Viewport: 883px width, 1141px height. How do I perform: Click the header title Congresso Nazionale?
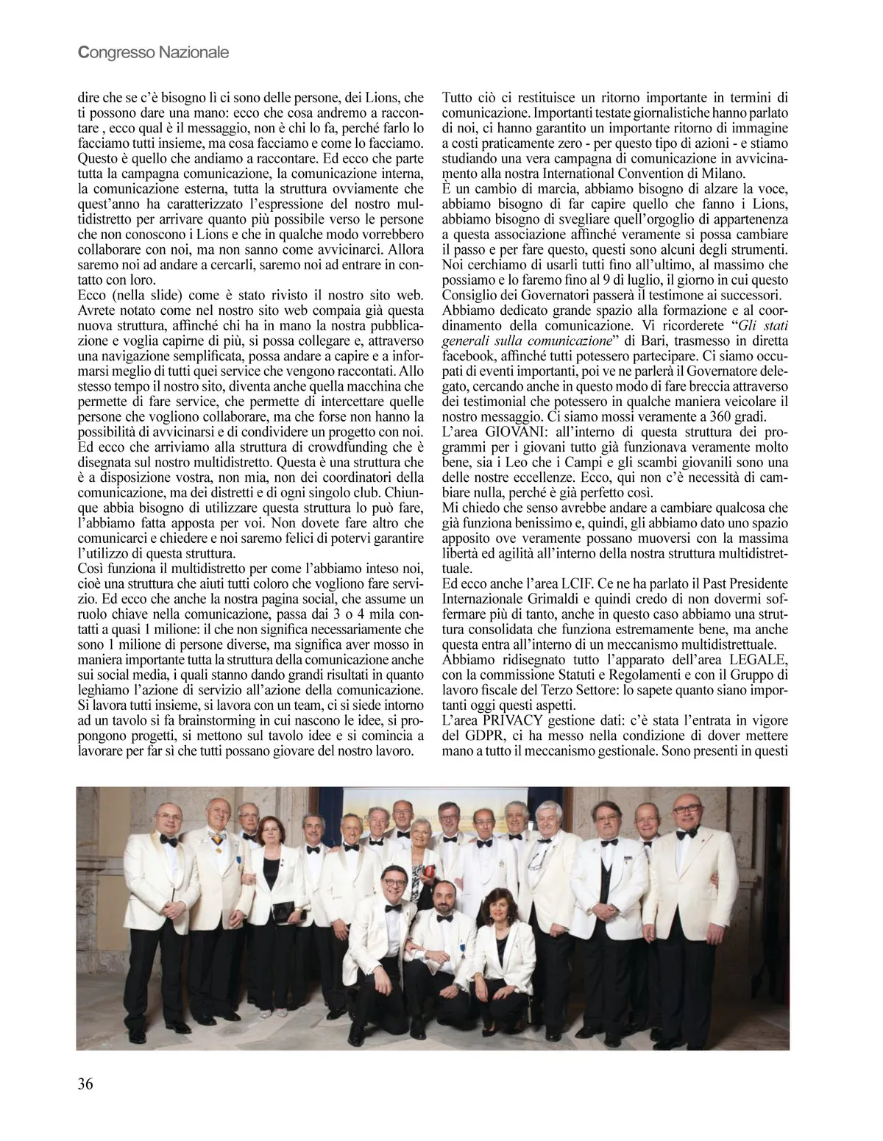(x=153, y=52)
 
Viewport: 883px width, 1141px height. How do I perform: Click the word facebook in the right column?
(x=467, y=356)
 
